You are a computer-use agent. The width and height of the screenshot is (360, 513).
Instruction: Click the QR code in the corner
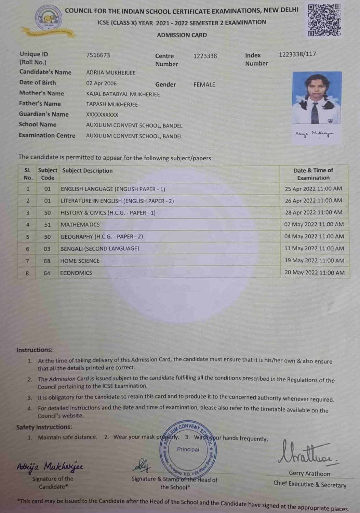tap(324, 20)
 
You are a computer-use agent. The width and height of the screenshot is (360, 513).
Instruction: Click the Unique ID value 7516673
tap(98, 55)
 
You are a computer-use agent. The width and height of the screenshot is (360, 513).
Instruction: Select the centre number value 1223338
tap(205, 56)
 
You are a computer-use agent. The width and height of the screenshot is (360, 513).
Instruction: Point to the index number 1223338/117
tap(297, 54)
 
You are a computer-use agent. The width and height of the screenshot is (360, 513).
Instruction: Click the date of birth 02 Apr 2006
tap(101, 83)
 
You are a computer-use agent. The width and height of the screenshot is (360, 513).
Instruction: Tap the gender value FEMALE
tap(204, 84)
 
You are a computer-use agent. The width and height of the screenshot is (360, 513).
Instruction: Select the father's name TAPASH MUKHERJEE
tap(112, 104)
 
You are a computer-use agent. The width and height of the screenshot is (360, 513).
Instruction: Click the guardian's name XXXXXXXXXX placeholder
tap(102, 115)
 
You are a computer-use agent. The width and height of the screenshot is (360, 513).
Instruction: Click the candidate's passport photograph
tap(317, 98)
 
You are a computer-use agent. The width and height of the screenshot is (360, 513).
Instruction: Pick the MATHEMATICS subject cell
tap(80, 225)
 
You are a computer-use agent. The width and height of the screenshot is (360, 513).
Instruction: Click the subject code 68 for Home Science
tap(47, 261)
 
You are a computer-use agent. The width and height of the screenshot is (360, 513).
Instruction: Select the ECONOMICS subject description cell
tap(76, 273)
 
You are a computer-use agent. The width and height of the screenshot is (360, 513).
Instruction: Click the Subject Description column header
tap(87, 171)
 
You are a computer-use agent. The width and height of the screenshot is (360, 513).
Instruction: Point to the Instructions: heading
tap(35, 350)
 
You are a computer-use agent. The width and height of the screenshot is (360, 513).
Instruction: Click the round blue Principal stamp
tap(188, 449)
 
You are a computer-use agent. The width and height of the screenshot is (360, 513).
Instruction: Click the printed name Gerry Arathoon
tap(309, 474)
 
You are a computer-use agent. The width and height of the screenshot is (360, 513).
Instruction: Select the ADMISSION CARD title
tap(182, 35)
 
